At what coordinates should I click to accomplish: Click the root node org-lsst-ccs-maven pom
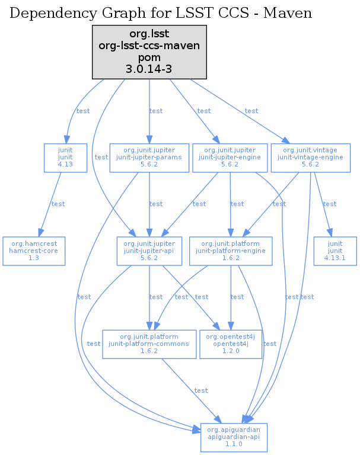[149, 52]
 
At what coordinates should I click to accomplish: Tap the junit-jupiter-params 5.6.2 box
[149, 158]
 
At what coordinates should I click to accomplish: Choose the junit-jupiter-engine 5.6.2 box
[229, 158]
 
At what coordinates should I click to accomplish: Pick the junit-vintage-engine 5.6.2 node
[309, 158]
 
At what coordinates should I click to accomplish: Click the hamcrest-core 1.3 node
[33, 251]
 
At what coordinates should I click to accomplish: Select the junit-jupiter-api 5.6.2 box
[149, 251]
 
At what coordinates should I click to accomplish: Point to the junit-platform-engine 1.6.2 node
[231, 251]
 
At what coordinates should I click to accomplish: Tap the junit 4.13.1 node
[335, 251]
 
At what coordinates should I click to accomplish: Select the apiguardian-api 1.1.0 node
[234, 437]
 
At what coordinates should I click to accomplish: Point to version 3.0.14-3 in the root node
[149, 69]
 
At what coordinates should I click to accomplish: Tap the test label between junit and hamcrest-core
[58, 204]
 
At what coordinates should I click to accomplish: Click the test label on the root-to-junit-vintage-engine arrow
[251, 111]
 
